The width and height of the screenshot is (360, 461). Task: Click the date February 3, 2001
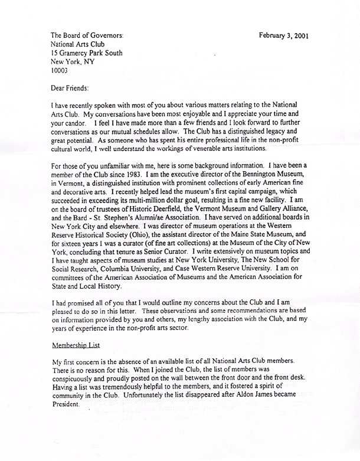284,35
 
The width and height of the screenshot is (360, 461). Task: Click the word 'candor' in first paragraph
80,120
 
